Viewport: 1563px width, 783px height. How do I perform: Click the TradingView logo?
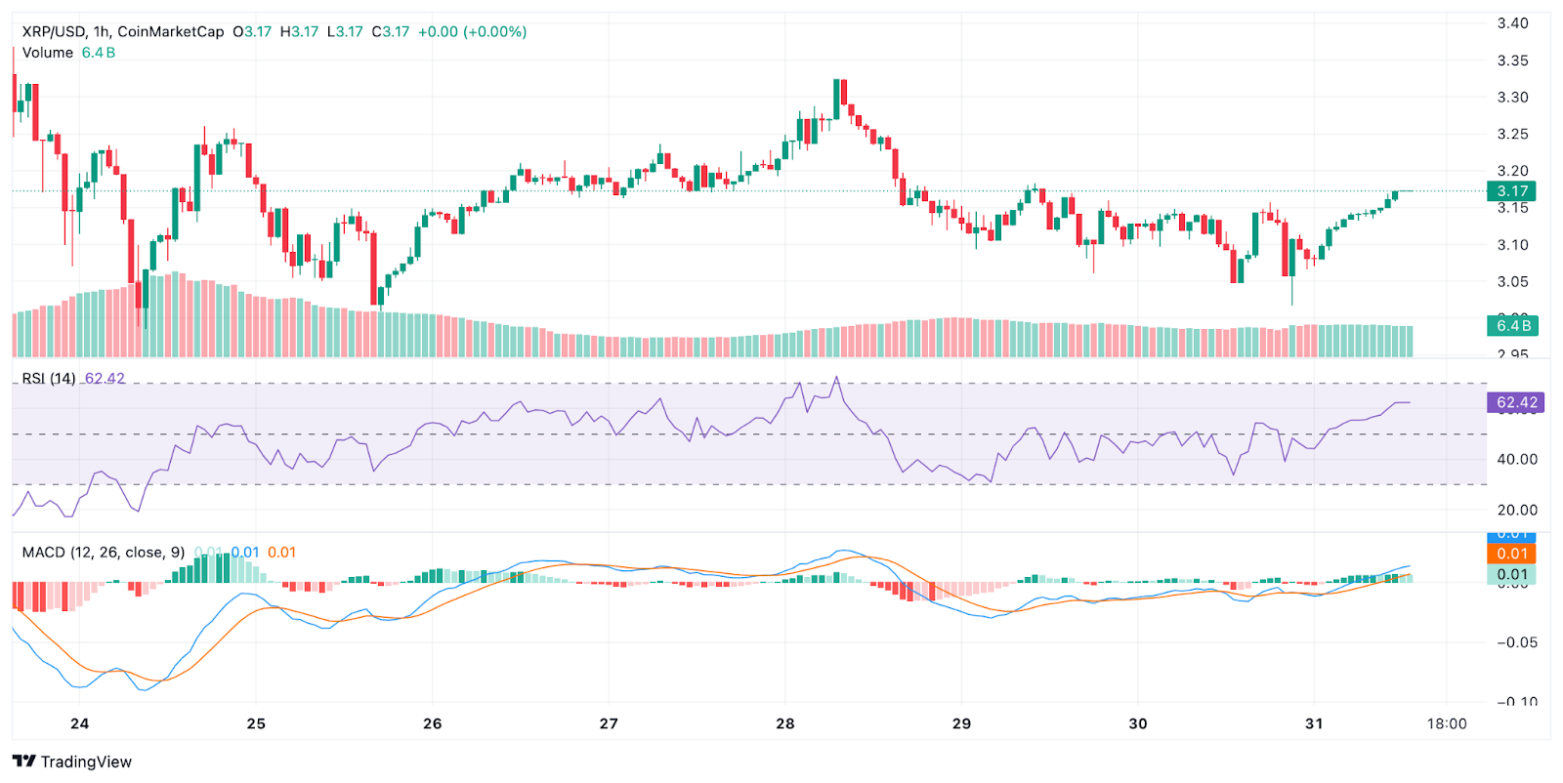coord(71,762)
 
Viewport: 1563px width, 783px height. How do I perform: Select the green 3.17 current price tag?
coord(1511,191)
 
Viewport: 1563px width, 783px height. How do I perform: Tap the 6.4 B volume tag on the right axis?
coord(1511,325)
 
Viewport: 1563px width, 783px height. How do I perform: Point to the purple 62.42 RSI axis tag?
coord(1516,402)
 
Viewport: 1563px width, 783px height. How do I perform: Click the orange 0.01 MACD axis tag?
coord(1511,554)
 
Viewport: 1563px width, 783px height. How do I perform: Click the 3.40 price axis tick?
coord(1512,23)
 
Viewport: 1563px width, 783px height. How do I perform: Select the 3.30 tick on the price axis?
coord(1512,98)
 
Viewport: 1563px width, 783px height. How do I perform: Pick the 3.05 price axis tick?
coord(1512,282)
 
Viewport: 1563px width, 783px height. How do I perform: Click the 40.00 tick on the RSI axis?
coord(1517,459)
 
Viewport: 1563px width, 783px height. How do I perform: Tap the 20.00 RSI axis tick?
coord(1517,510)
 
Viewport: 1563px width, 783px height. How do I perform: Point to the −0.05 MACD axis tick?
coord(1517,642)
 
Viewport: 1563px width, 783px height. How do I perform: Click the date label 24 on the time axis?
coord(79,723)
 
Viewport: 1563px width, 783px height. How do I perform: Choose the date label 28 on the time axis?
coord(784,723)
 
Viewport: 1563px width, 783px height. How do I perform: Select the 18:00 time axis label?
coord(1446,723)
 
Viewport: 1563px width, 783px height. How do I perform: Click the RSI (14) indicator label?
coord(49,379)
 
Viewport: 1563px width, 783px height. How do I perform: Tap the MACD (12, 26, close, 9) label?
coord(104,553)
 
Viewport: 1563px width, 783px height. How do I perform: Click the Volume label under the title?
coord(48,53)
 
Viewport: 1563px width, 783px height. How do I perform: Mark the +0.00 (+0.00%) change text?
coord(472,31)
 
